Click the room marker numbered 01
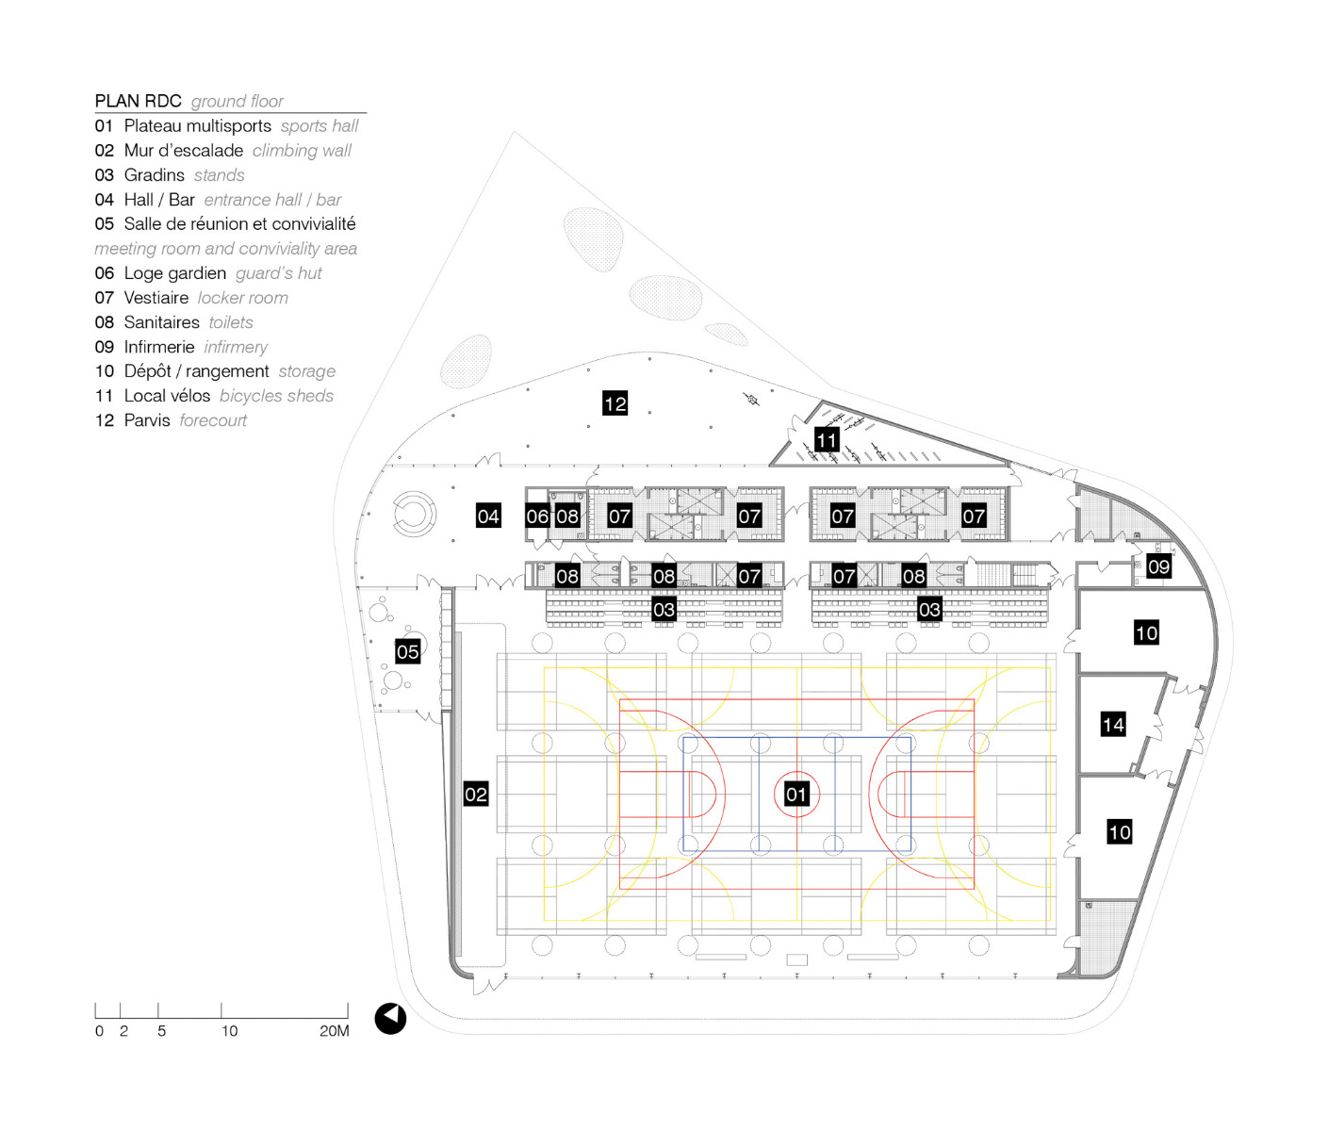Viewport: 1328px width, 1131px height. click(796, 795)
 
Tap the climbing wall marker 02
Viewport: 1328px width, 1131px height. click(476, 795)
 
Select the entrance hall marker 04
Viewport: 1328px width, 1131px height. click(488, 516)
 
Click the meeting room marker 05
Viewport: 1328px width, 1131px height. click(407, 651)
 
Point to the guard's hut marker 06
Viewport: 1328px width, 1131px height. click(537, 516)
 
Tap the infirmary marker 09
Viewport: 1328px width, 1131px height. click(1158, 566)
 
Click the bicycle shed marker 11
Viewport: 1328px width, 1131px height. click(827, 440)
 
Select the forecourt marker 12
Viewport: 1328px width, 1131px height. click(615, 403)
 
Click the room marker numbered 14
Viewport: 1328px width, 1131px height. click(1113, 724)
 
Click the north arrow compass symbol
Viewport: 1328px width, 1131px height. click(390, 1018)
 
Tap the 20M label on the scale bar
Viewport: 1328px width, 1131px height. click(334, 1031)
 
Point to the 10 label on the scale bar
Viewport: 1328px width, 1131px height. click(229, 1031)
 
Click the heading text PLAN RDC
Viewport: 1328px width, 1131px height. click(138, 101)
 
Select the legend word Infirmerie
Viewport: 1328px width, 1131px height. click(159, 347)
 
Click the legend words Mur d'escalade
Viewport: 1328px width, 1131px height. click(184, 151)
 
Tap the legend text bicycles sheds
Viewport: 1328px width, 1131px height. click(276, 396)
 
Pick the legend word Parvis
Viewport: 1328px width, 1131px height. click(147, 420)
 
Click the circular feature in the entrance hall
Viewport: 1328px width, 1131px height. click(414, 515)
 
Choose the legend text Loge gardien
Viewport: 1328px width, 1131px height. click(175, 273)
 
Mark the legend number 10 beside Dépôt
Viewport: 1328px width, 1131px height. click(104, 371)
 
